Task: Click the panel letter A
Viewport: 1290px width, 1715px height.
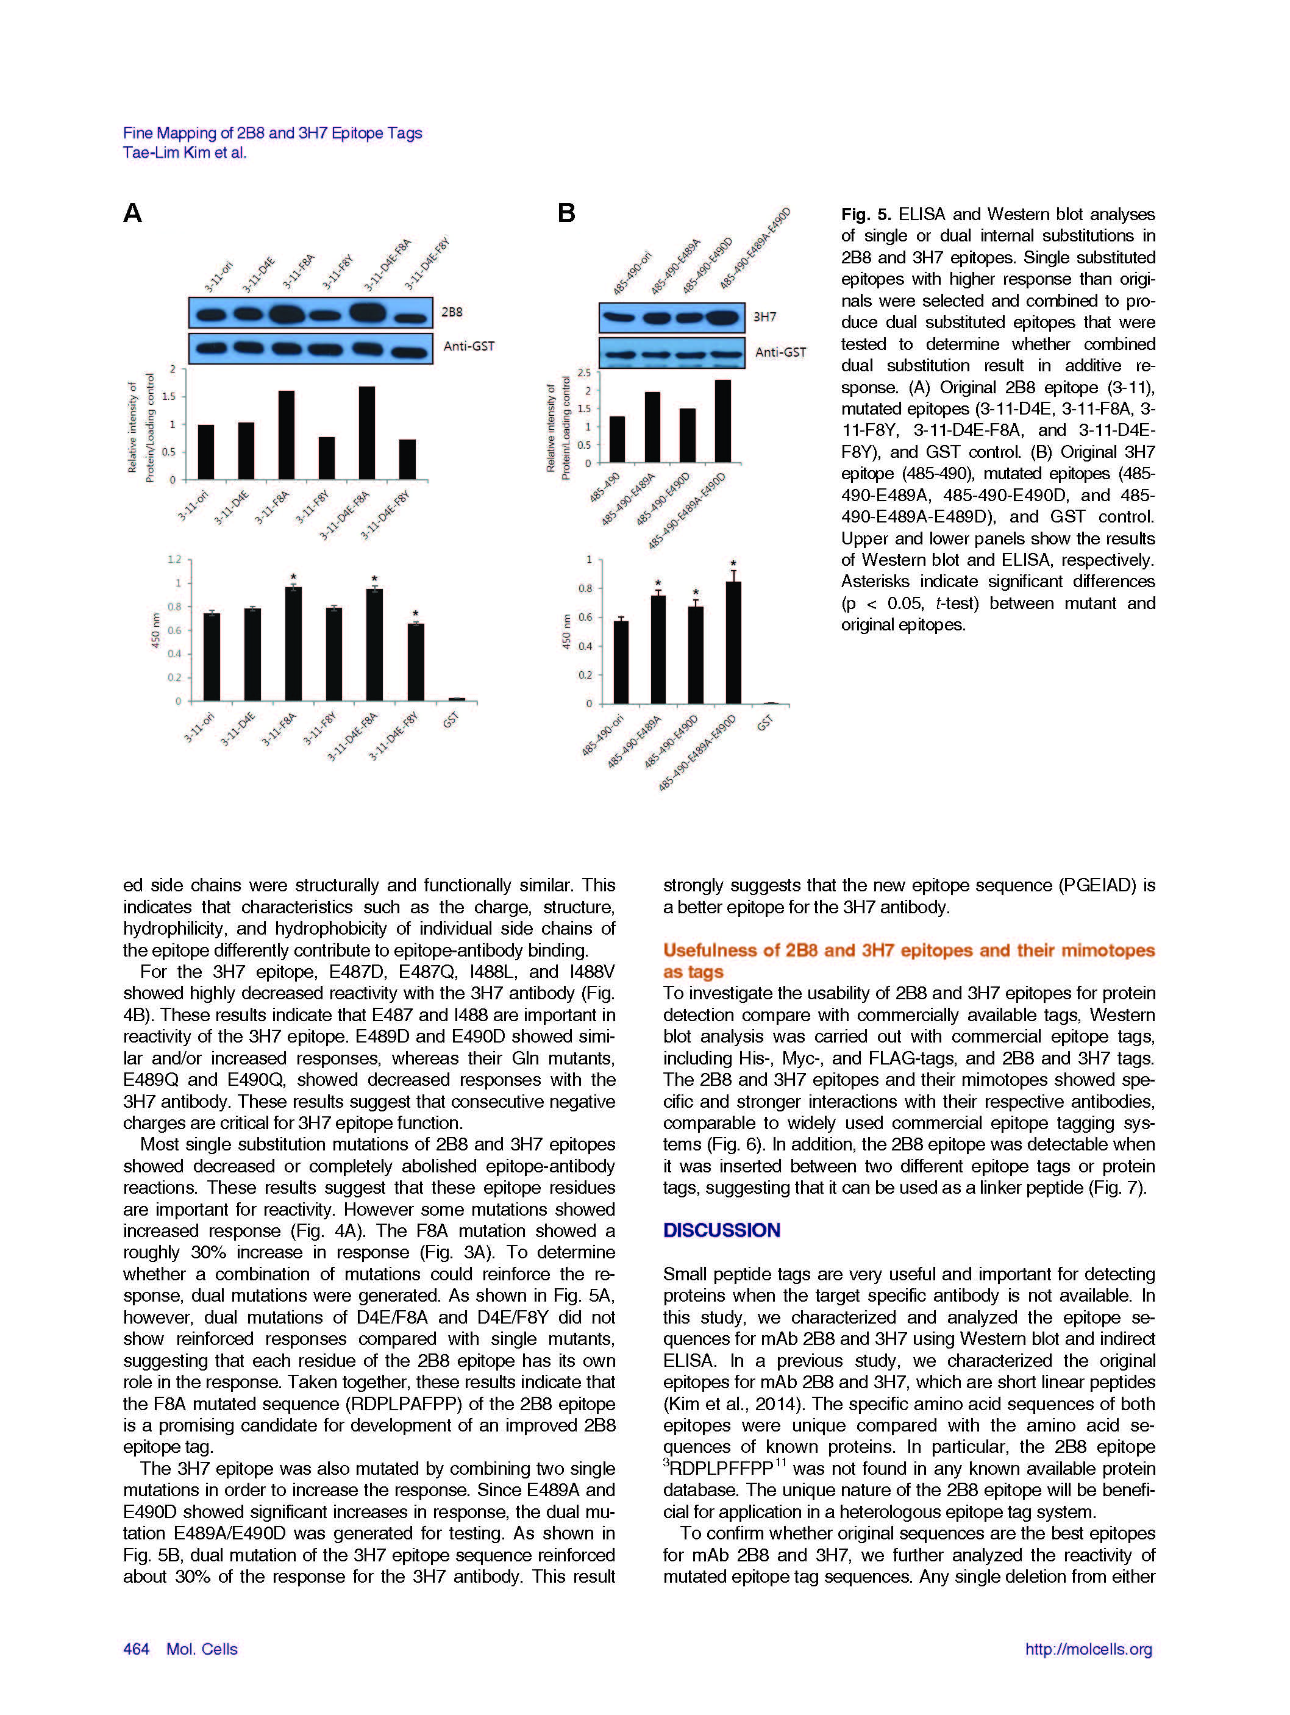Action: pos(132,213)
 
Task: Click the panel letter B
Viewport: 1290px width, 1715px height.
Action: pos(567,213)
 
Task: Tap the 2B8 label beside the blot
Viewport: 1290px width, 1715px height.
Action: pos(451,312)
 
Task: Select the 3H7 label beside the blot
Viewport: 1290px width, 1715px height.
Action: pos(764,317)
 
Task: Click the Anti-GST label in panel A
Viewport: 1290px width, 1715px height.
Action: pos(468,346)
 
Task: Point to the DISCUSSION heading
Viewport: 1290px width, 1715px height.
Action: pos(721,1230)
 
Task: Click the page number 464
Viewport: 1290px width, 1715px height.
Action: pos(136,1649)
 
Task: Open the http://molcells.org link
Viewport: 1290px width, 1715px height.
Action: pos(1088,1649)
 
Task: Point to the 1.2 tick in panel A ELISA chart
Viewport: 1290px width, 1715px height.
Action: pos(174,559)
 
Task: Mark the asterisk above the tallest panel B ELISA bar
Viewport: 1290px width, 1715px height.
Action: pos(733,564)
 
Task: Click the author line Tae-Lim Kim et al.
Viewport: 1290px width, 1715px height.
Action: pos(185,153)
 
